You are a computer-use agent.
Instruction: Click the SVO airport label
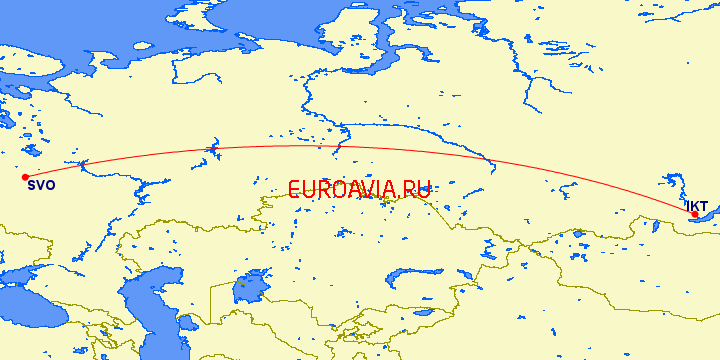click(x=42, y=185)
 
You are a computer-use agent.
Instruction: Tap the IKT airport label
click(x=696, y=205)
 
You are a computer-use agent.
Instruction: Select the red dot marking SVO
click(x=25, y=177)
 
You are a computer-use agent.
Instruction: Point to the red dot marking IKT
click(x=695, y=214)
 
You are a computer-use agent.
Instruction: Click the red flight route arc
click(x=300, y=147)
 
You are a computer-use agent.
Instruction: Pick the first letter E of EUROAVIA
click(x=294, y=189)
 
